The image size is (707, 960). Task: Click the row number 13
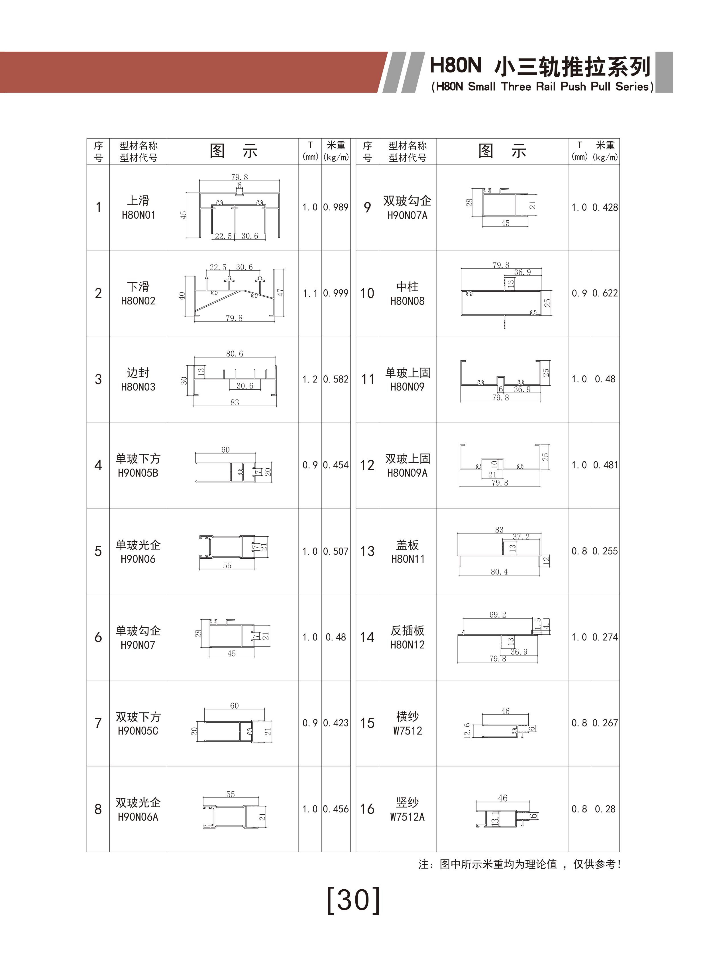pos(367,551)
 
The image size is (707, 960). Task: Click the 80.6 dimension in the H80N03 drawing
pos(235,354)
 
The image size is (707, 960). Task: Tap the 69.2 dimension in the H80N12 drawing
pos(498,615)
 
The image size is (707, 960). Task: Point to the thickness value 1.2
pos(310,379)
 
